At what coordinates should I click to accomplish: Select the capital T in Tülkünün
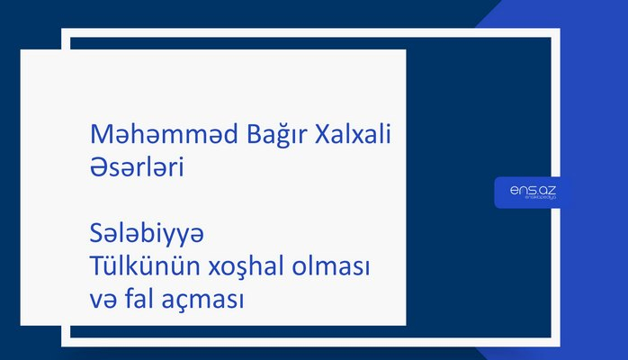pyautogui.click(x=97, y=266)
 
